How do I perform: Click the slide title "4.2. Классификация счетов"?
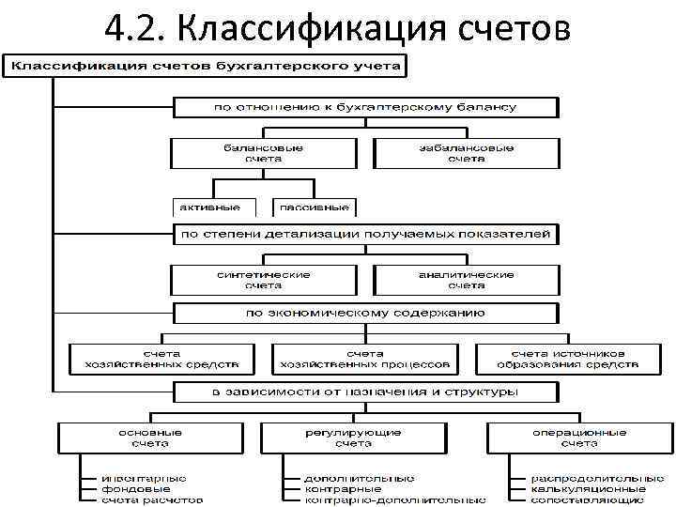pos(337,28)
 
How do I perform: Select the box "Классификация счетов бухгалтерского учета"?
pos(207,66)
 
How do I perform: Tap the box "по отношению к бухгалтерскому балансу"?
pos(365,107)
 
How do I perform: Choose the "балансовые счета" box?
pos(264,153)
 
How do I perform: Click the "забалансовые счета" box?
pos(466,153)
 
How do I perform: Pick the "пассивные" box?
pos(315,207)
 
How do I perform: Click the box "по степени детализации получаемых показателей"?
pos(365,233)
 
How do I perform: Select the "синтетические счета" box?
pos(264,279)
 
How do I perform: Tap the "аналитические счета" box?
pos(466,279)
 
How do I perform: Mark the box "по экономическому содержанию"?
pos(365,312)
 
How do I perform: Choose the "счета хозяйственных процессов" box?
pos(365,358)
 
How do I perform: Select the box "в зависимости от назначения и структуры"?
pos(365,391)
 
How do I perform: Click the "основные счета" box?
pos(150,437)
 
